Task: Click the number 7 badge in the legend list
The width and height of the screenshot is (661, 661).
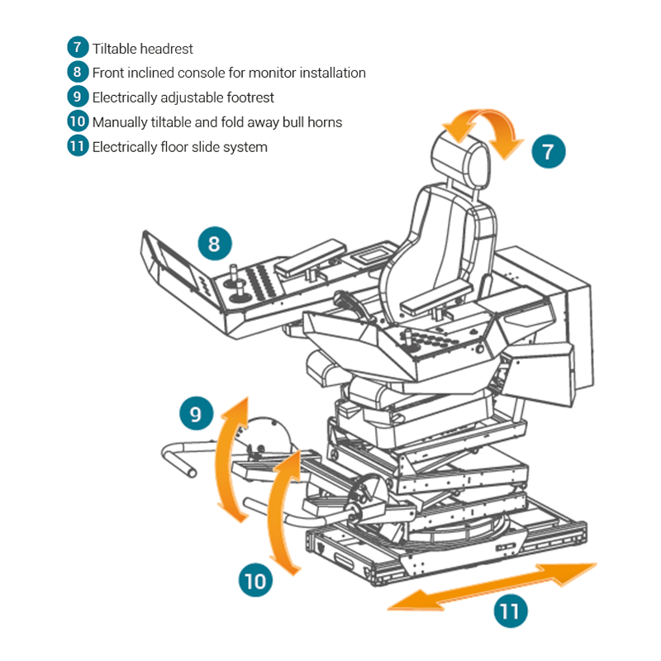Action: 78,48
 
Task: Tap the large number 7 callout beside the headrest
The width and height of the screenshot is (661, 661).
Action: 548,151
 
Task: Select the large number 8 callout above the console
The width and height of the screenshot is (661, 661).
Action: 215,244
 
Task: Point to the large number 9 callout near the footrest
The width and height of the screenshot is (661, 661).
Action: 195,413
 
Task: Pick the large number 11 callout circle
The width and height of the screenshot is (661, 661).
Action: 511,611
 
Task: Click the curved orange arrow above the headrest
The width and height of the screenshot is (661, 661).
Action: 483,128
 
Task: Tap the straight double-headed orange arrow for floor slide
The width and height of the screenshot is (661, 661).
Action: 492,587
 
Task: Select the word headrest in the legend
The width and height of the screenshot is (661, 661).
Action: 167,49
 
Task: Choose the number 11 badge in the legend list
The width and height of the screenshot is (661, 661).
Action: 78,147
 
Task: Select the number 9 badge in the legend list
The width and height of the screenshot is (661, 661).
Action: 78,97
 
